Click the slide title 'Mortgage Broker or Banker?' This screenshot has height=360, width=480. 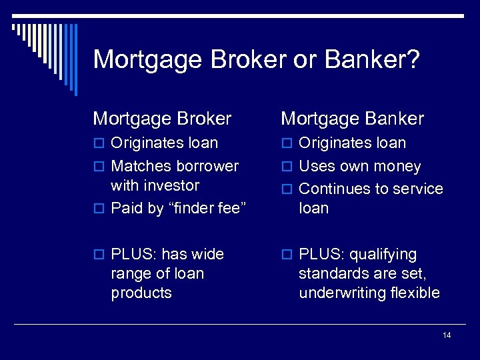[256, 59]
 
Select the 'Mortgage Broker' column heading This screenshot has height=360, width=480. [162, 119]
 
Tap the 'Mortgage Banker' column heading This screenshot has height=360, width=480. [352, 119]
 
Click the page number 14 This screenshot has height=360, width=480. [446, 335]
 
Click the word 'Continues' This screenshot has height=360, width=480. [331, 189]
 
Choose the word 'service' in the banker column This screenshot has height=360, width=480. [417, 189]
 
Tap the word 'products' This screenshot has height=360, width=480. [141, 293]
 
